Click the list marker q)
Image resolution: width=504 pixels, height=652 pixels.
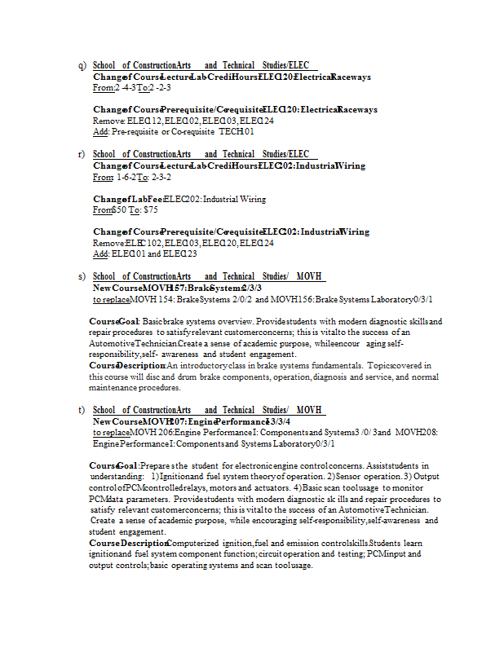(x=82, y=65)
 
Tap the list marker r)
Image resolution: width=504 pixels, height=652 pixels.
(x=82, y=154)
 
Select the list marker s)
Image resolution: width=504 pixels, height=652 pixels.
(x=82, y=276)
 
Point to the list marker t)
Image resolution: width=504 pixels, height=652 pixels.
(x=82, y=410)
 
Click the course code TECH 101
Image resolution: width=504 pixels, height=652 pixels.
(x=237, y=131)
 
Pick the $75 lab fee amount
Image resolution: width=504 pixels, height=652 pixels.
(x=150, y=209)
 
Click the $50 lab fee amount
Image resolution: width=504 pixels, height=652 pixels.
(x=121, y=209)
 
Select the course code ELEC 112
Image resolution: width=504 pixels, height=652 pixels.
(x=144, y=120)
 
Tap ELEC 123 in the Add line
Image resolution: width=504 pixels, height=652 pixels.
(x=180, y=253)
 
